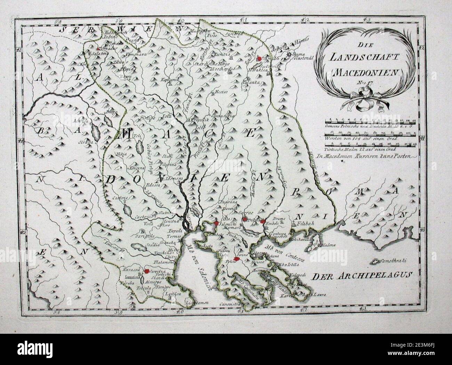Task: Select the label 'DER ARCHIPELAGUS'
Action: pos(362,276)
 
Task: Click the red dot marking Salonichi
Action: pos(216,223)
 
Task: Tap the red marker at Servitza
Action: pos(146,271)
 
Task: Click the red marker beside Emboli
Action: pos(263,221)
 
